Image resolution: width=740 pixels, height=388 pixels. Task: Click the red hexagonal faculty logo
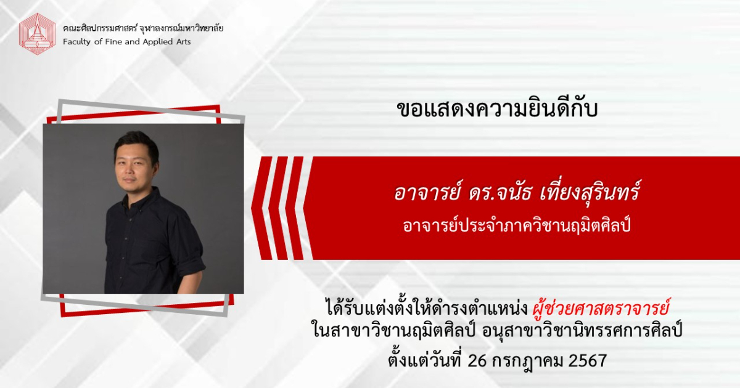(x=37, y=33)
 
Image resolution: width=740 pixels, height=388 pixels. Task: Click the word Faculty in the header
(x=77, y=42)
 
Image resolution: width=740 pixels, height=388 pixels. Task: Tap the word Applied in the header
(x=157, y=42)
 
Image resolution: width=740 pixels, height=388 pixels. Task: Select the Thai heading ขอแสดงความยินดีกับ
(x=497, y=109)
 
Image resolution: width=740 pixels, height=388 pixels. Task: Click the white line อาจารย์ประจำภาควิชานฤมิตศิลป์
(x=517, y=227)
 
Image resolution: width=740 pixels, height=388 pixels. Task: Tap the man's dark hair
(x=136, y=142)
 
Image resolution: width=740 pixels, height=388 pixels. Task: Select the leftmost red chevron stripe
(x=261, y=208)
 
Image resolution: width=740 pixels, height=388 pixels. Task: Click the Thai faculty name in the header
(x=143, y=28)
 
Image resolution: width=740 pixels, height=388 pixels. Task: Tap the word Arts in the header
(x=183, y=42)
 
